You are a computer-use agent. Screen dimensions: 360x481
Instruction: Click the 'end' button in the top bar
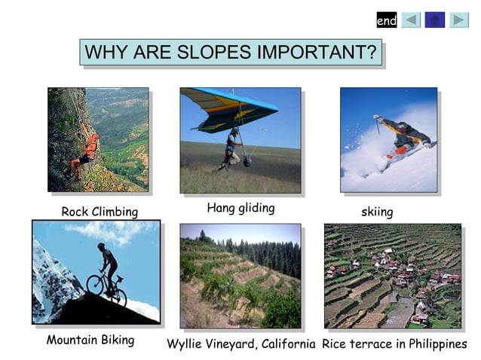pos(387,20)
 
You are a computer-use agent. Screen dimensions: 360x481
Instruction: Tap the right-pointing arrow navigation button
pos(459,20)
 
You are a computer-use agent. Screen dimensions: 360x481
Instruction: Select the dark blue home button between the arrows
pos(435,20)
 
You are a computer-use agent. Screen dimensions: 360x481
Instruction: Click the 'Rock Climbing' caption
pos(100,212)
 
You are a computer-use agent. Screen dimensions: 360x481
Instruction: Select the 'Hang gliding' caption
pos(240,208)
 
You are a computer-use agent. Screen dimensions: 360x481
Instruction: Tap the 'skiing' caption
pos(377,212)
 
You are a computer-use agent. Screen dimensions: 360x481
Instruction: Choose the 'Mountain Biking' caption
pos(90,340)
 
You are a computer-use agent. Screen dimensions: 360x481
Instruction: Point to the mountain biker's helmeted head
pos(101,246)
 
